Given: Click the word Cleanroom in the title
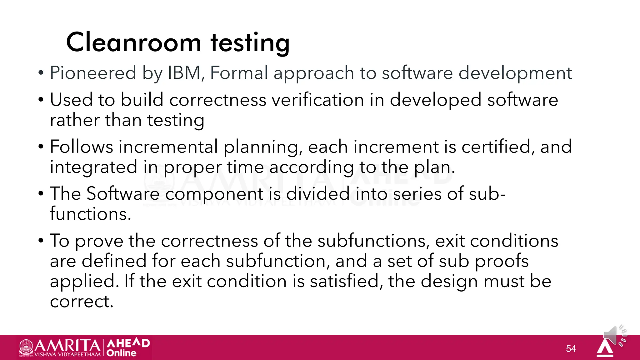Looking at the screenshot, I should click(133, 42).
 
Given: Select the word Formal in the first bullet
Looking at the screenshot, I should click(239, 73).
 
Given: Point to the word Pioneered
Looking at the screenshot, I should click(93, 73).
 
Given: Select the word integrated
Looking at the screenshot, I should click(93, 167).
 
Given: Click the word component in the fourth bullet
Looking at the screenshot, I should click(214, 194).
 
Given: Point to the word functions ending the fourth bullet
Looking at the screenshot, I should click(90, 214).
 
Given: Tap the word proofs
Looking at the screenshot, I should click(502, 261).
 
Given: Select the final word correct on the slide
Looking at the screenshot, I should click(81, 302).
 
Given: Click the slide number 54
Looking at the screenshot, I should click(571, 348).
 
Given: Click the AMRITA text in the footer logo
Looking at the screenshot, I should click(67, 346).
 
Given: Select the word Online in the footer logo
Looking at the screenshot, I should click(121, 353).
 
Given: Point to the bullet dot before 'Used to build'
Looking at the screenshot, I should click(41, 100).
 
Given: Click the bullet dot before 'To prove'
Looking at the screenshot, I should click(41, 241).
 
